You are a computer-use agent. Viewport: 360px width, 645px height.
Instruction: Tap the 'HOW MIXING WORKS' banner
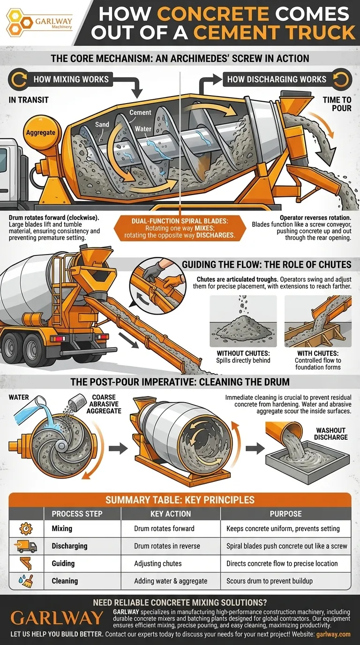click(x=70, y=79)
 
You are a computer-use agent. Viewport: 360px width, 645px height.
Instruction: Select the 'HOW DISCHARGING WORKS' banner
click(x=277, y=79)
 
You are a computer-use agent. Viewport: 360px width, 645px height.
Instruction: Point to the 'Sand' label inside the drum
click(x=102, y=125)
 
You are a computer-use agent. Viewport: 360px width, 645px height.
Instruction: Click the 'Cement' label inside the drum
click(x=140, y=112)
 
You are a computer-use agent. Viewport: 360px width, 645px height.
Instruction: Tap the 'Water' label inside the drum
click(x=143, y=128)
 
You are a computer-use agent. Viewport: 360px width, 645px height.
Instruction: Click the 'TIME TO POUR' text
click(x=336, y=104)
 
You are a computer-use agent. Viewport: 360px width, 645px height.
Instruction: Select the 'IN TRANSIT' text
click(x=28, y=100)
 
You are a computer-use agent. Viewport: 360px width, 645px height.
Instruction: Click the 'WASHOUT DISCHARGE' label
click(x=331, y=434)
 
